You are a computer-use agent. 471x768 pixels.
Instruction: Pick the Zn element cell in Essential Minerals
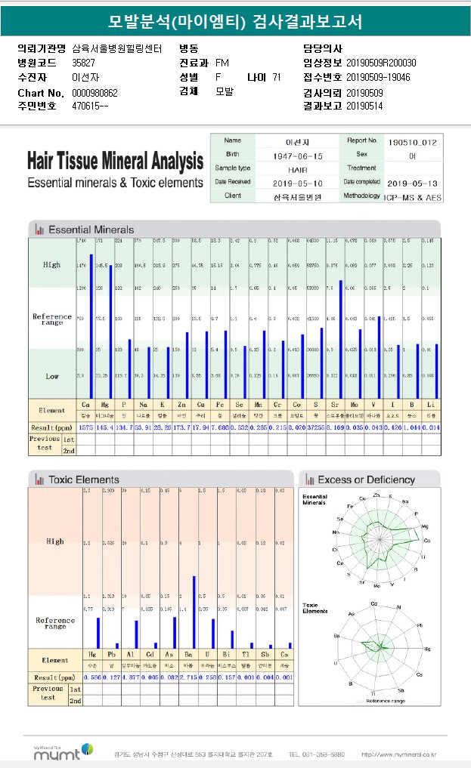181,406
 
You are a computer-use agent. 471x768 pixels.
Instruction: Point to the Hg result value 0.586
92,677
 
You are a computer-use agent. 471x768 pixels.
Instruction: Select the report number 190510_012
411,141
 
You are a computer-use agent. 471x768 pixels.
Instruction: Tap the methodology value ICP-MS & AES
411,196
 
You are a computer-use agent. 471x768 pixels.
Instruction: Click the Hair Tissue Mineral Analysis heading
115,162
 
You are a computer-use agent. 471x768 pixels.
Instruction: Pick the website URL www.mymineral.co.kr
398,754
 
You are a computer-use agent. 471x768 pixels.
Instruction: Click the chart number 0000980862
95,93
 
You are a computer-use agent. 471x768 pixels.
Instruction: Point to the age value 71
276,77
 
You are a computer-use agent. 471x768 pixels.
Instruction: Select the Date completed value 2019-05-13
411,183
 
